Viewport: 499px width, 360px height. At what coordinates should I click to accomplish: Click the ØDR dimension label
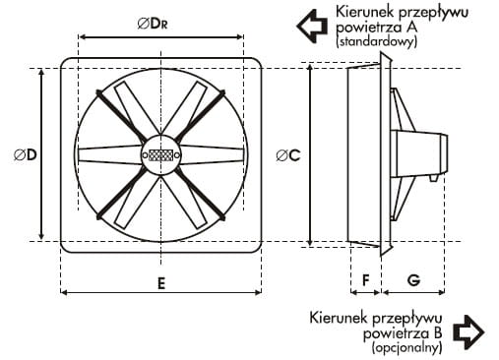coord(153,24)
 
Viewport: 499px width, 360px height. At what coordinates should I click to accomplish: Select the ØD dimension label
coord(26,154)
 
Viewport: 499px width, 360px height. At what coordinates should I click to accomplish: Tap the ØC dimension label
coord(288,155)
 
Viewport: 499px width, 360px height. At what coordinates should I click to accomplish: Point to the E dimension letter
coord(161,283)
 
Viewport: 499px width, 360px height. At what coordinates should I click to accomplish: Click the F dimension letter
coord(365,280)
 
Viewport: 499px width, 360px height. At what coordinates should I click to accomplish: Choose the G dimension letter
coord(413,280)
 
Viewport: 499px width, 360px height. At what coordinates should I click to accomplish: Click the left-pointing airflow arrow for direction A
coord(312,26)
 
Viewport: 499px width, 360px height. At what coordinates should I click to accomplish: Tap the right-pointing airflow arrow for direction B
coord(468,332)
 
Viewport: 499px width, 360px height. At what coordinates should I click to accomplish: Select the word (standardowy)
coord(377,41)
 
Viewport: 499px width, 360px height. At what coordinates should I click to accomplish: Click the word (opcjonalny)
coord(406,347)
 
